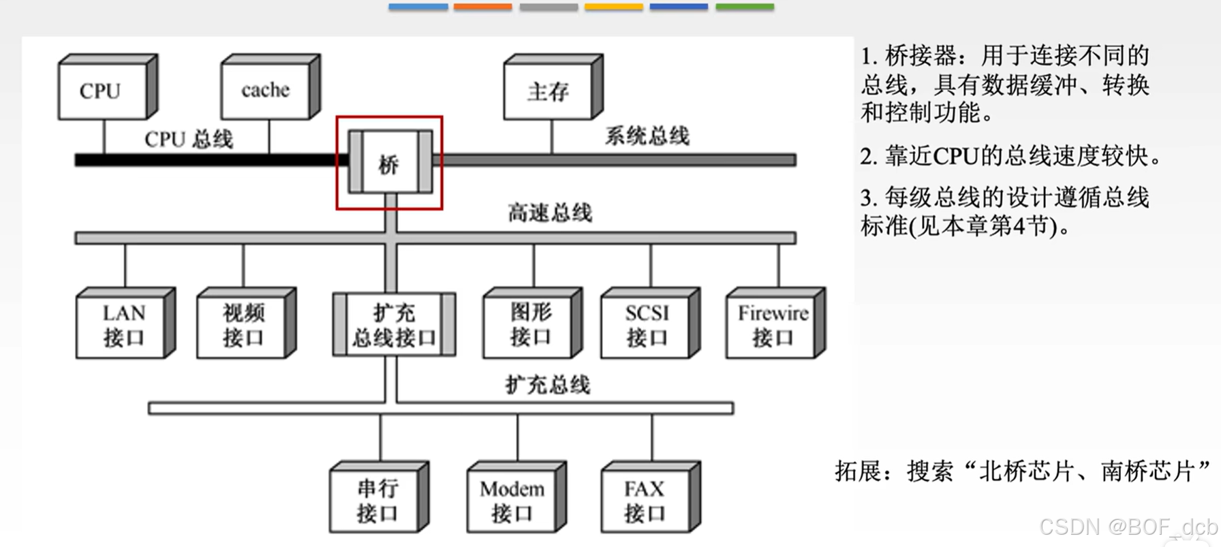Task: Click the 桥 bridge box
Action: click(390, 163)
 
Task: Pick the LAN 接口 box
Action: click(123, 325)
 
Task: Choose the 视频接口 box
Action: click(243, 325)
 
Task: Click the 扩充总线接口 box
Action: click(394, 325)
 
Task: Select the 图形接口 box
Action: click(529, 325)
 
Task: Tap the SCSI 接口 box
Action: click(647, 325)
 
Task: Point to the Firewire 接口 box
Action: click(773, 325)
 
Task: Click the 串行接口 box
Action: click(376, 500)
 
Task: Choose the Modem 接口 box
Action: click(512, 500)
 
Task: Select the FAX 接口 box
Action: click(646, 500)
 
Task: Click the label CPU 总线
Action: click(189, 139)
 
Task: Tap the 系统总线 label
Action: click(647, 136)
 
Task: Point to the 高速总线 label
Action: click(550, 213)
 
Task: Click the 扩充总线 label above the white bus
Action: click(548, 385)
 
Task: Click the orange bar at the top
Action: click(482, 7)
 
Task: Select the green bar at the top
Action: click(744, 7)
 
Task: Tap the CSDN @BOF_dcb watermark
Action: click(1128, 527)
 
